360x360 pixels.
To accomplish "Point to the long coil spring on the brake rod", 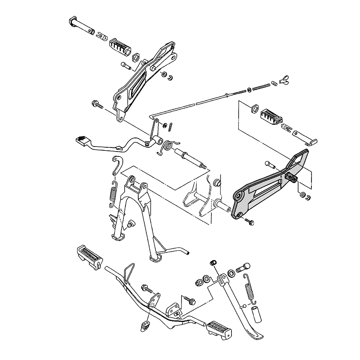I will tap(261, 87).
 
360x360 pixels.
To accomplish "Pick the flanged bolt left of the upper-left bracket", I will tap(97, 105).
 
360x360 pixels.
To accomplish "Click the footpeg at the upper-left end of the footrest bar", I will tap(89, 255).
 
